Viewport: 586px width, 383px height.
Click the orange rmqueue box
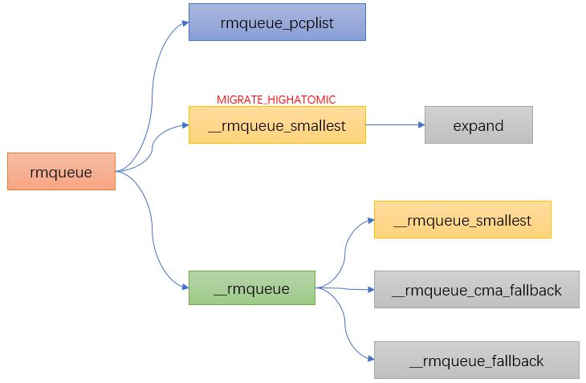coord(61,172)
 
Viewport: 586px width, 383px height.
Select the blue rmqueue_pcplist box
coord(277,22)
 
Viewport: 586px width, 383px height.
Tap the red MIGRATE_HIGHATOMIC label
coord(276,100)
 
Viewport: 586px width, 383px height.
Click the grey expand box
coord(478,124)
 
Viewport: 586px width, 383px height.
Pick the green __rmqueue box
coord(252,287)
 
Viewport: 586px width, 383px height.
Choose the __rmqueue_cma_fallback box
coord(477,290)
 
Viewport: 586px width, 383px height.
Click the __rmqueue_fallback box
coord(477,360)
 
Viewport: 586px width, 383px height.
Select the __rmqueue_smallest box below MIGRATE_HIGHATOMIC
coord(277,124)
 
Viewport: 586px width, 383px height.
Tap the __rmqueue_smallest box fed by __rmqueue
coord(462,220)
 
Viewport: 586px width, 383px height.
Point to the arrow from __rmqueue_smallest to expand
coord(396,124)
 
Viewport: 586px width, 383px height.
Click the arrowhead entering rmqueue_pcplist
coord(185,23)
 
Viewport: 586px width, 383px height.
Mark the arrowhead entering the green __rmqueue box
coord(185,287)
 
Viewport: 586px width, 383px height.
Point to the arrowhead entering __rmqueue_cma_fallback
coord(371,290)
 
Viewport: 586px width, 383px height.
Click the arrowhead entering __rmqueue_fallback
coord(371,359)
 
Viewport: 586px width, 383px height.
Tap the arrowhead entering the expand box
coord(421,124)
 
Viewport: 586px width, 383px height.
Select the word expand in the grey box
coord(478,126)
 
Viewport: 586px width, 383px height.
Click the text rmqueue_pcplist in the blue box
coord(277,23)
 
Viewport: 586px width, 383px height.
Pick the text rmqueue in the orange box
coord(61,173)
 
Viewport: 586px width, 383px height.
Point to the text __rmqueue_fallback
coord(477,361)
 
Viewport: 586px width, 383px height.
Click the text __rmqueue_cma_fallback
coord(477,291)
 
